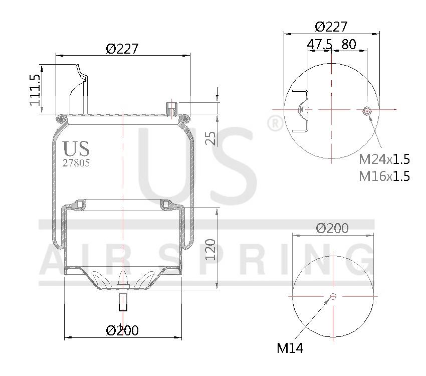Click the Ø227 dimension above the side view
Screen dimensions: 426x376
point(122,49)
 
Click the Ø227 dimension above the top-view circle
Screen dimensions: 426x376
point(331,27)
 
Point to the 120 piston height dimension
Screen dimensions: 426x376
point(211,249)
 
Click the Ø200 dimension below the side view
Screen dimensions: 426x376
point(122,330)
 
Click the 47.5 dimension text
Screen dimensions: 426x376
point(319,44)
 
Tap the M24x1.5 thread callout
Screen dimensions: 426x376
point(384,159)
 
